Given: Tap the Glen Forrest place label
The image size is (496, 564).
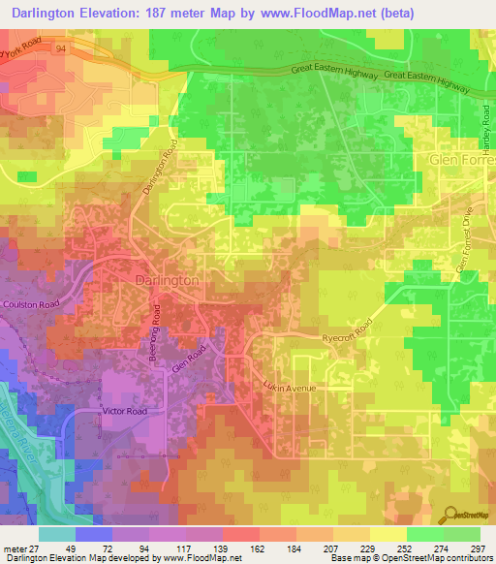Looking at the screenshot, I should [x=462, y=159].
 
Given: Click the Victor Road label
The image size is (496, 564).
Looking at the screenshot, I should [x=124, y=411].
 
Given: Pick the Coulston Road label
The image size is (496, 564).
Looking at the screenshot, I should [x=33, y=304].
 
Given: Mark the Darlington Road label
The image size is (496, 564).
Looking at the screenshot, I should [x=161, y=169].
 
